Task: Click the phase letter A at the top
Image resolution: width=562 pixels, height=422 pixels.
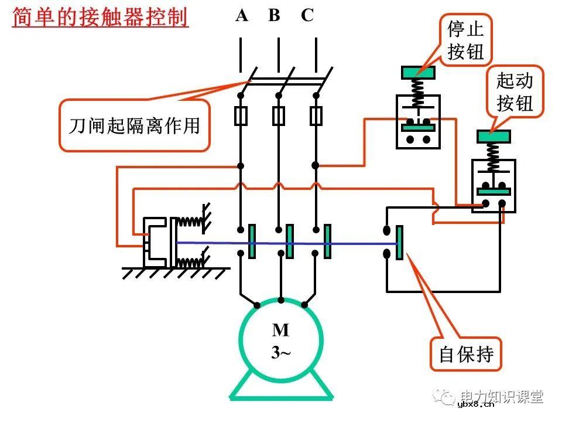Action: point(242,16)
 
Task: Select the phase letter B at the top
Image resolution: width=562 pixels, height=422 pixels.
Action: point(274,16)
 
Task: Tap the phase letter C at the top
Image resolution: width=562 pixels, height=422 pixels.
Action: point(307,16)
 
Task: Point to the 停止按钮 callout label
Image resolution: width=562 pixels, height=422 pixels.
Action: point(466,40)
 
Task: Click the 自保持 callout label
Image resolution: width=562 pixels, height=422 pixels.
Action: point(466,354)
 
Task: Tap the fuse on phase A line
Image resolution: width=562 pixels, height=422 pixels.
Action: point(241,116)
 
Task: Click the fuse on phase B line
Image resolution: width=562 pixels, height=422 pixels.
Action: point(279,116)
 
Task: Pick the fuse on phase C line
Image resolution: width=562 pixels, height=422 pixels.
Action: point(316,116)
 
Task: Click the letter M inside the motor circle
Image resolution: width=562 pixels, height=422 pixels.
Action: point(280,331)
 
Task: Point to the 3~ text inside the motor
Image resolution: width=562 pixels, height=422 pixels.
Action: point(280,353)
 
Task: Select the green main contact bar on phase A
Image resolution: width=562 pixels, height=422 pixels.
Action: point(252,241)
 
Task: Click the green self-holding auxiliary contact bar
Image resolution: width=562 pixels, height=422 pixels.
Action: point(399,242)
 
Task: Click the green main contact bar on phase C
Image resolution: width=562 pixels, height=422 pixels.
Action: point(327,241)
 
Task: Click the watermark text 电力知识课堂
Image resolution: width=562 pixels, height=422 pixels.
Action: point(502,396)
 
